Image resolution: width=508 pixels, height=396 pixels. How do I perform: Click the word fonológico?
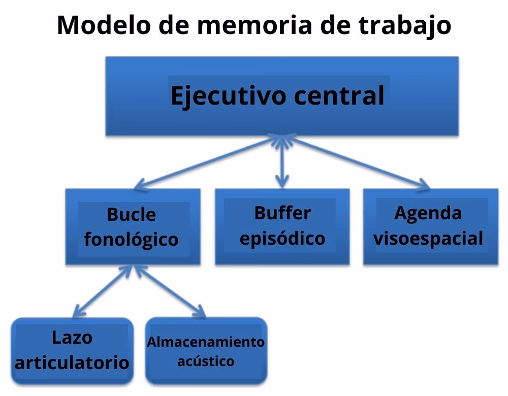[x=131, y=239]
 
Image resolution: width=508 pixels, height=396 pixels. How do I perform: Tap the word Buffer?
[x=282, y=213]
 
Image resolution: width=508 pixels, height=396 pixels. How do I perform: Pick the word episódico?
[x=282, y=238]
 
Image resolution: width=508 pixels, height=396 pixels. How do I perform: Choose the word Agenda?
[x=428, y=213]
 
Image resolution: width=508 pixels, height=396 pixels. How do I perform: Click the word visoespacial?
[x=428, y=238]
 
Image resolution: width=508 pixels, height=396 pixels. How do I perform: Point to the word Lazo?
[x=72, y=338]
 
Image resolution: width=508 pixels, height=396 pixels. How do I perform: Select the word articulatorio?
[x=72, y=362]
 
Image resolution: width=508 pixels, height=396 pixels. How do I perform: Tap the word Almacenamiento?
[x=206, y=342]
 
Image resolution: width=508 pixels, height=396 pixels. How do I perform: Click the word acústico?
[x=206, y=361]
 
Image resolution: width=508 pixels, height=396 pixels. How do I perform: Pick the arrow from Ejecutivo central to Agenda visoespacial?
[x=356, y=161]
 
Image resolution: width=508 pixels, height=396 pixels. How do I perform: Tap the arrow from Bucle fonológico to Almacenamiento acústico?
[x=169, y=290]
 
